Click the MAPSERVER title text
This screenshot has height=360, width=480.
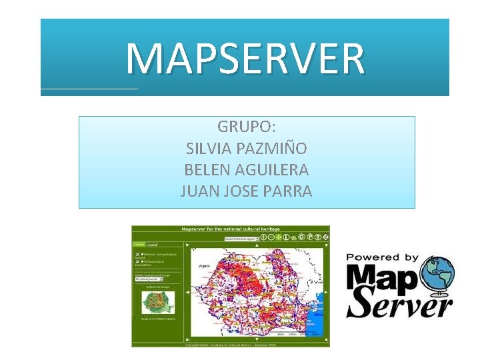245,59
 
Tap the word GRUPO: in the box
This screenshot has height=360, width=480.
247,126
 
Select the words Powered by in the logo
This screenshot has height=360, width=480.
383,257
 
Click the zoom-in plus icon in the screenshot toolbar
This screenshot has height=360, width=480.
264,237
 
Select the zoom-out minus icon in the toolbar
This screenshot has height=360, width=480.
271,237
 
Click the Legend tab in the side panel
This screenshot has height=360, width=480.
153,245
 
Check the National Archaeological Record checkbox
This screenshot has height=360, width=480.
137,255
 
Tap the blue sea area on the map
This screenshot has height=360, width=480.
319,320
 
